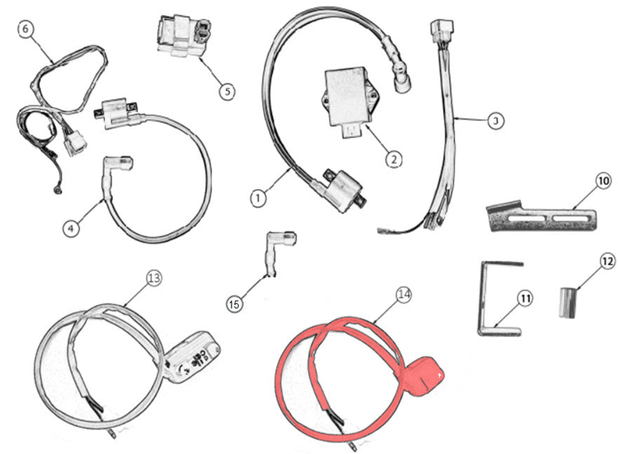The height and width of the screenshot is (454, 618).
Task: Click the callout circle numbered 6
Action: (x=25, y=30)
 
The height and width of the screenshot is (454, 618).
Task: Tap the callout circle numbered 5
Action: (x=227, y=92)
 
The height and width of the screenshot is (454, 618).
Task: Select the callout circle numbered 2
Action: (x=394, y=160)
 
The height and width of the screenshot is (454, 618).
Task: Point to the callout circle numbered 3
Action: (x=495, y=121)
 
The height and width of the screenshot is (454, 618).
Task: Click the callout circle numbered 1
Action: (x=258, y=198)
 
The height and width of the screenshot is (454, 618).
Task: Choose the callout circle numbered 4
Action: (x=71, y=228)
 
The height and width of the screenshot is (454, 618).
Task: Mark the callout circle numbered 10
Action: (x=603, y=181)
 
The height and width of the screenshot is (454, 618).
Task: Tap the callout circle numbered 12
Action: (x=607, y=261)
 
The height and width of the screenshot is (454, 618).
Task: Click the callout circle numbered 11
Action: (x=525, y=299)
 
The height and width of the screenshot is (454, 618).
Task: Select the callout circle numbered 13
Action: (x=154, y=278)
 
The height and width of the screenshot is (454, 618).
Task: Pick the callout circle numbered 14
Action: (x=404, y=294)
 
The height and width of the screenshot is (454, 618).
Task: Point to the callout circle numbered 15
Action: (x=234, y=304)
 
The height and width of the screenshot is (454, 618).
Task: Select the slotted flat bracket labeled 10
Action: (x=542, y=216)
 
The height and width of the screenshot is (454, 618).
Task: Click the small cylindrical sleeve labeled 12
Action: (x=567, y=303)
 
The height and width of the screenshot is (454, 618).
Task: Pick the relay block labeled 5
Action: (x=183, y=34)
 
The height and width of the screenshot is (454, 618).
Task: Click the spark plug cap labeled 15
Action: (x=279, y=252)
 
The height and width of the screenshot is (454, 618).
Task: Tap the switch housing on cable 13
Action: (x=192, y=357)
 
